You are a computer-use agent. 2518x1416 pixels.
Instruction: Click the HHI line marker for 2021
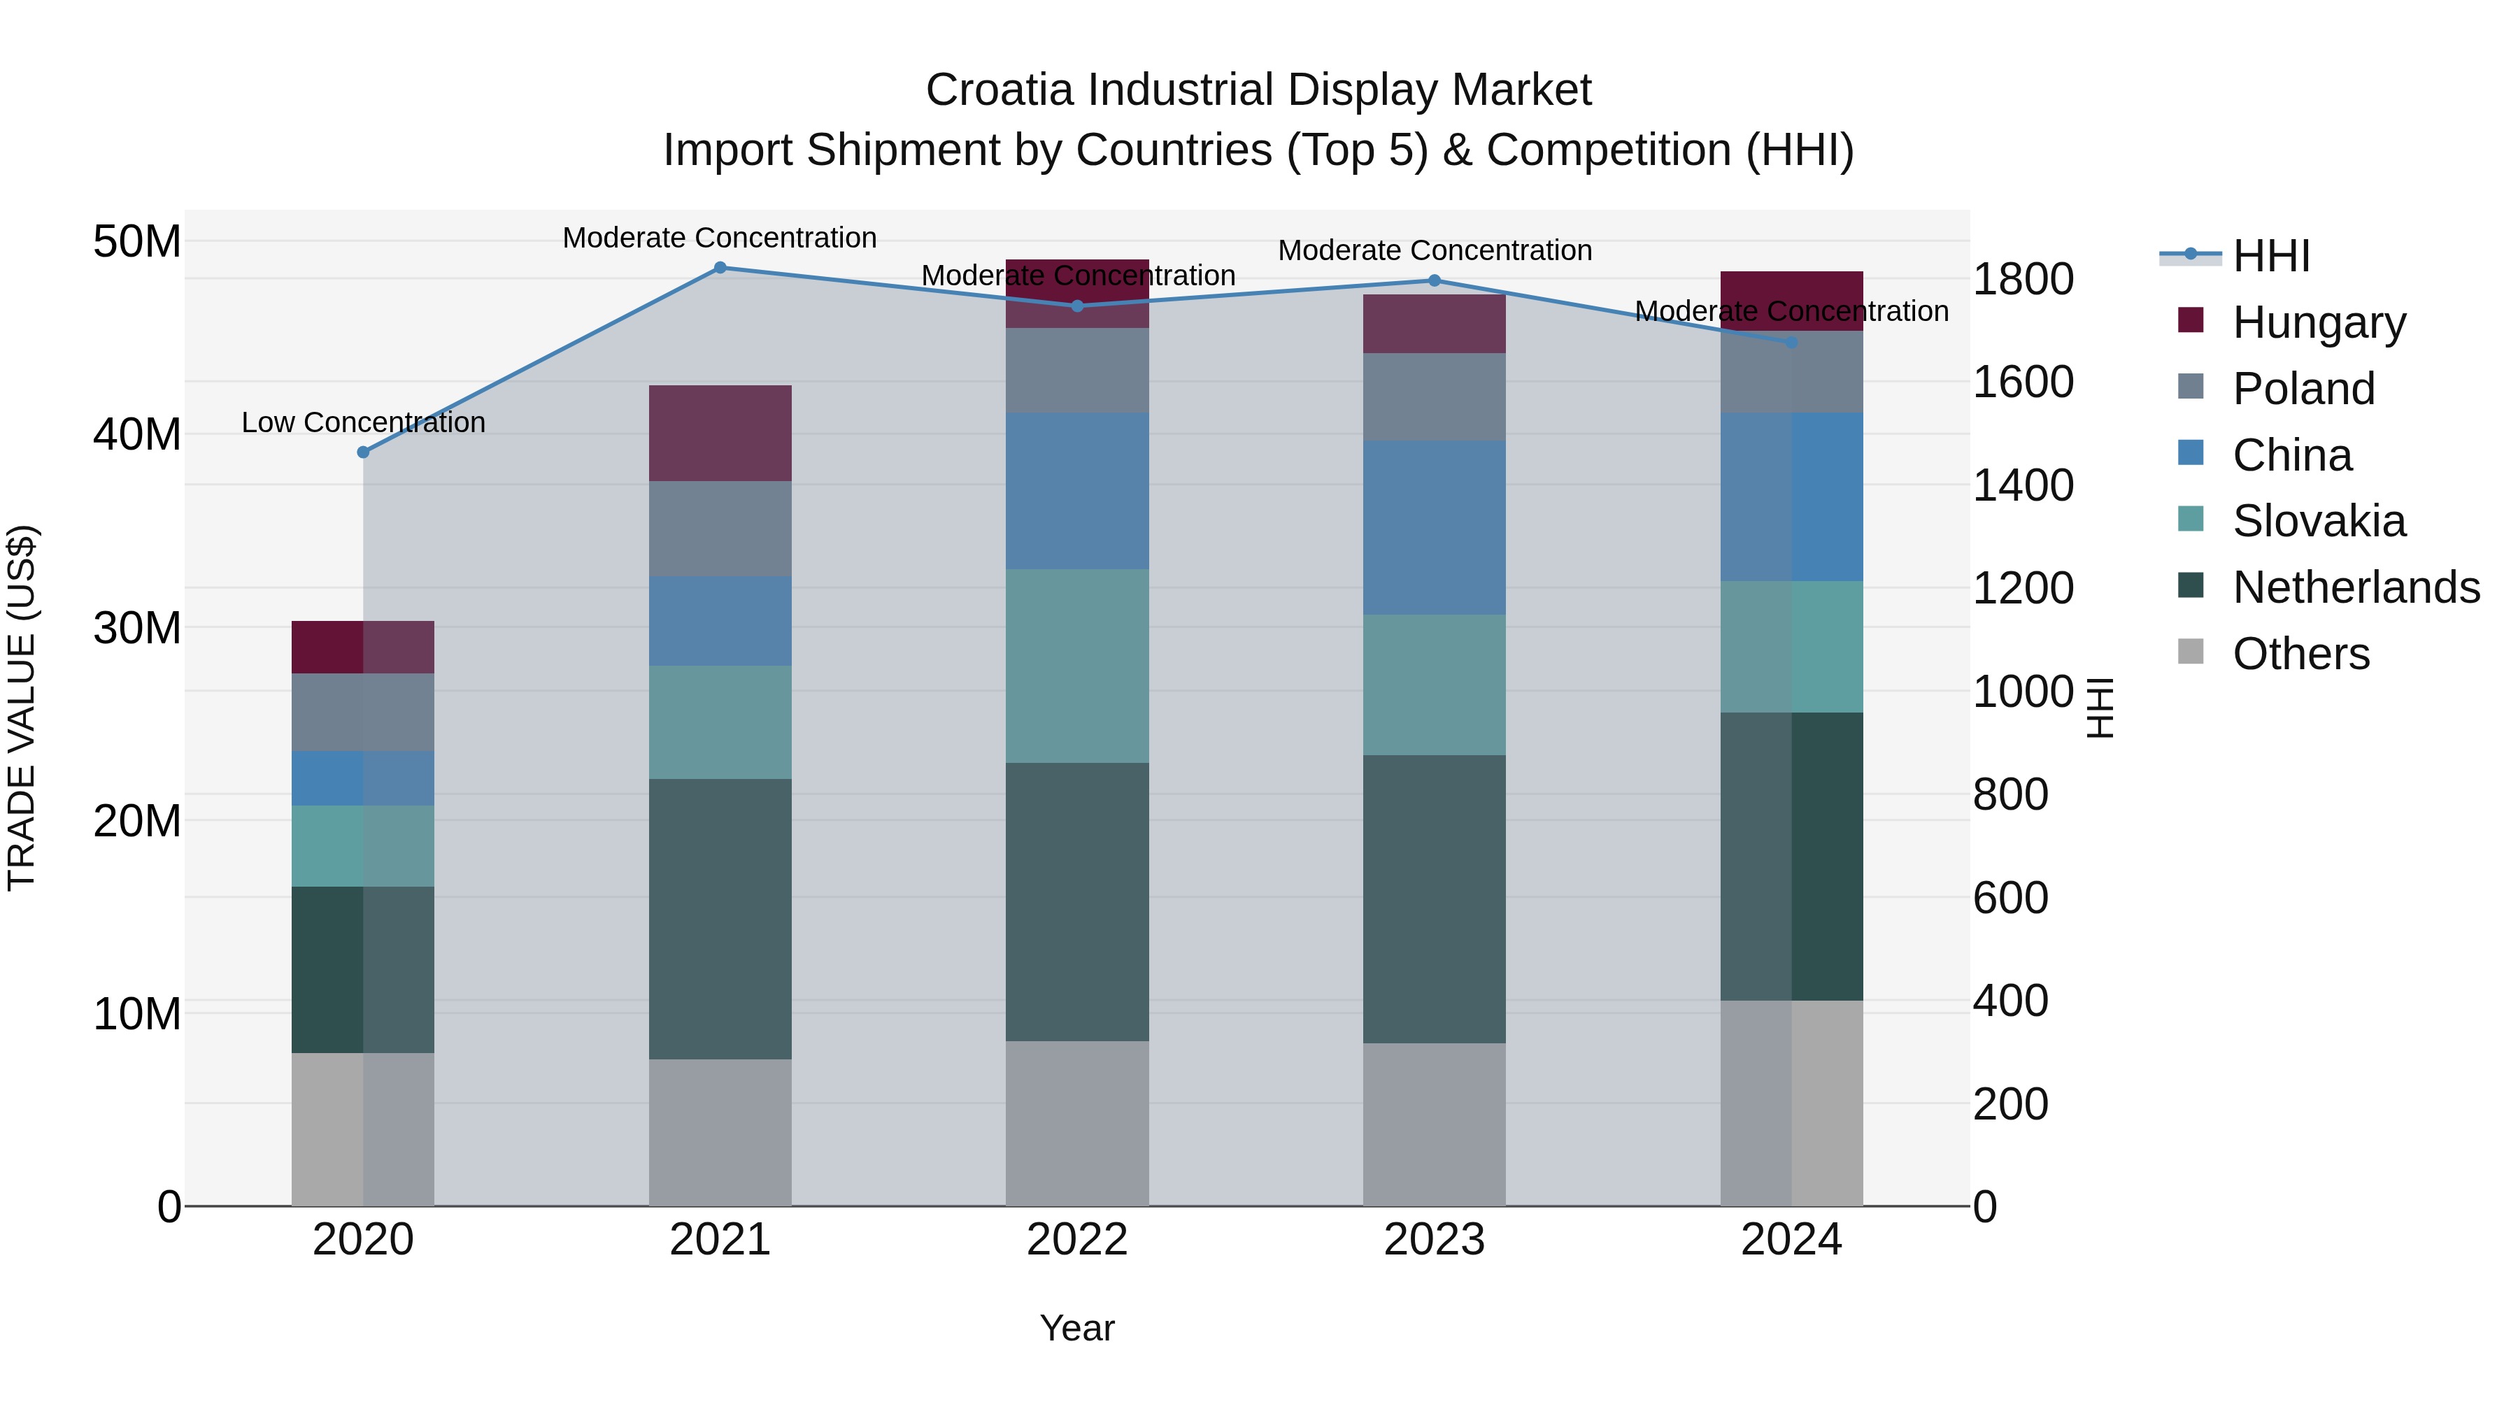pyautogui.click(x=720, y=267)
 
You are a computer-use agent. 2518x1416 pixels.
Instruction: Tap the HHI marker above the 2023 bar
pyautogui.click(x=1434, y=280)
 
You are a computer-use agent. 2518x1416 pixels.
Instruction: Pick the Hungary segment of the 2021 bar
pyautogui.click(x=720, y=433)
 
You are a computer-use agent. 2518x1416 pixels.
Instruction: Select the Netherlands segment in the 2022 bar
pyautogui.click(x=1077, y=901)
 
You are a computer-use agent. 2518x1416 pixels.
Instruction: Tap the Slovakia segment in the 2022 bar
pyautogui.click(x=1077, y=666)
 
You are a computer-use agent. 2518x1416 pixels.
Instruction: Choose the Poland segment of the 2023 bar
pyautogui.click(x=1434, y=396)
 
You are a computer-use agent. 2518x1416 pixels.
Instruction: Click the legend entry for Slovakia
pyautogui.click(x=2319, y=521)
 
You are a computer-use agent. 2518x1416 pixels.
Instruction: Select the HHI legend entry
pyautogui.click(x=2270, y=256)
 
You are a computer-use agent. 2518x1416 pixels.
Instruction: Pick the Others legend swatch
pyautogui.click(x=2191, y=652)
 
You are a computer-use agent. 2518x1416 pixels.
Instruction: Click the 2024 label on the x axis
pyautogui.click(x=1791, y=1240)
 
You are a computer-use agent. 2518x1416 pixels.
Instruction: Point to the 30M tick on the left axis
pyautogui.click(x=137, y=627)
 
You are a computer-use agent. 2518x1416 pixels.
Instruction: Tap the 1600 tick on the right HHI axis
pyautogui.click(x=2022, y=381)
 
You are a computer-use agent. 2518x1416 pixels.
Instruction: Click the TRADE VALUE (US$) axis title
pyautogui.click(x=22, y=708)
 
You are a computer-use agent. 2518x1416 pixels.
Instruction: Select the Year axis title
pyautogui.click(x=1076, y=1328)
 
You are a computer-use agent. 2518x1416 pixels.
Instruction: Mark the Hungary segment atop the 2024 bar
pyautogui.click(x=1791, y=301)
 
